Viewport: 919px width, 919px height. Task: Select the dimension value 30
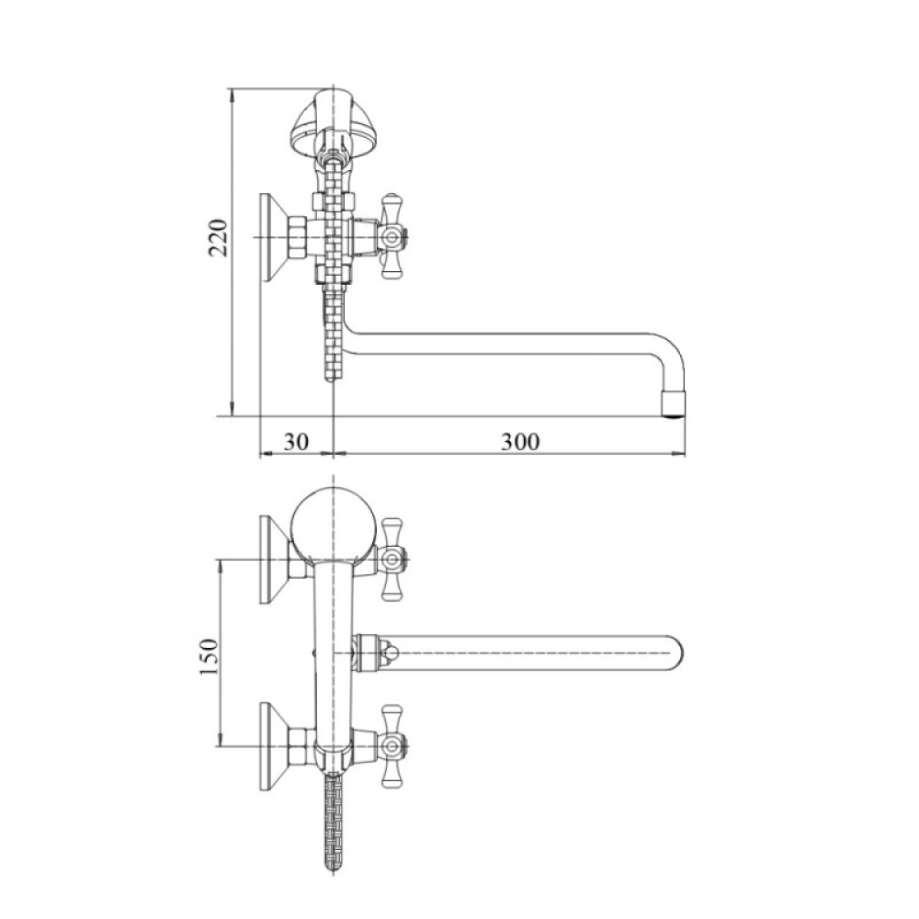[x=296, y=441]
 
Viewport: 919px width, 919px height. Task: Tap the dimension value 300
[x=520, y=441]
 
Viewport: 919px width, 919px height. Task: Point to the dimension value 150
[x=210, y=656]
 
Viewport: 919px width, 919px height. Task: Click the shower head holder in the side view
[x=333, y=123]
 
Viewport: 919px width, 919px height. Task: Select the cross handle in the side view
[x=391, y=237]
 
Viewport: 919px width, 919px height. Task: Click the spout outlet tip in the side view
[x=674, y=404]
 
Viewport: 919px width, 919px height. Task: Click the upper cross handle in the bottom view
[x=391, y=560]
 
